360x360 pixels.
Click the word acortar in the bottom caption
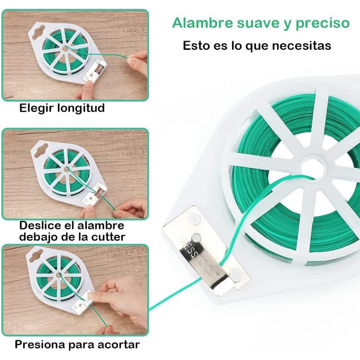118,345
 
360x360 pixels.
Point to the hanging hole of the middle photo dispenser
43,146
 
